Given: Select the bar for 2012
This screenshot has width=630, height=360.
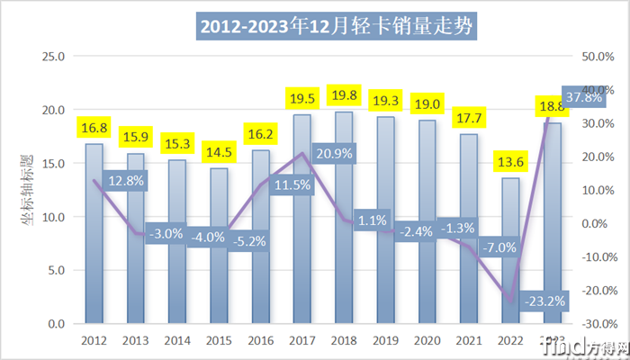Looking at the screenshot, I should click(x=94, y=234).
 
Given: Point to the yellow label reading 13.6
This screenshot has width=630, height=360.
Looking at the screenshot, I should click(x=509, y=164).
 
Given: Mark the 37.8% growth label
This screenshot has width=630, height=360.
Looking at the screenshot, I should click(x=584, y=97).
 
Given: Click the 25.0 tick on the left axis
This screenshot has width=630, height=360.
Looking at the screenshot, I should click(x=54, y=57).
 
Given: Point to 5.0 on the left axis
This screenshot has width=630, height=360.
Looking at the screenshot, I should click(x=56, y=270).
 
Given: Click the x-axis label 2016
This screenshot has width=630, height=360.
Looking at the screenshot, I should click(x=260, y=341).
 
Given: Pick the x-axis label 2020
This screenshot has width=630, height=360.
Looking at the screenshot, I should click(x=427, y=341).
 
